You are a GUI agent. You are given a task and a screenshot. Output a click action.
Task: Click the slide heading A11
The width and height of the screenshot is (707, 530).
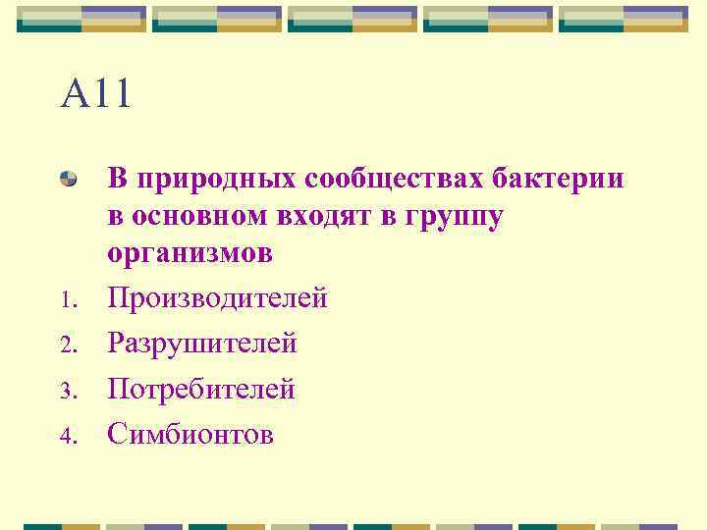click(x=95, y=95)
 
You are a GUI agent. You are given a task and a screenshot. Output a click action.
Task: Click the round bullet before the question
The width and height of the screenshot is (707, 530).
click(x=69, y=179)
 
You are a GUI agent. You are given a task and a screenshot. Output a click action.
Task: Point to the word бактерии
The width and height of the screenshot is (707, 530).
click(x=567, y=179)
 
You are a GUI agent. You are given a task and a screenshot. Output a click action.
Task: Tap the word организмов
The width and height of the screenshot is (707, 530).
click(x=190, y=254)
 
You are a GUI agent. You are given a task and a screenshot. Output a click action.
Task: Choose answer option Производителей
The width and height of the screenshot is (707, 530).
click(x=217, y=298)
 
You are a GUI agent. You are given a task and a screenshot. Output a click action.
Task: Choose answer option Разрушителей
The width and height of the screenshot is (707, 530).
click(x=202, y=344)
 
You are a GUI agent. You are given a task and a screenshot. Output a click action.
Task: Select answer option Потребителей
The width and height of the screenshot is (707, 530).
click(x=201, y=389)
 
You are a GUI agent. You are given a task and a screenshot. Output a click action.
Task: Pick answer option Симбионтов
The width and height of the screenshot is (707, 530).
click(x=190, y=433)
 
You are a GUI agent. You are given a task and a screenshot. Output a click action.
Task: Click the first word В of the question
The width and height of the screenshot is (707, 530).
click(x=118, y=180)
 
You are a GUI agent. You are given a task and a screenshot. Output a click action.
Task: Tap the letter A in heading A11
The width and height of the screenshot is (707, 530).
click(x=76, y=95)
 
